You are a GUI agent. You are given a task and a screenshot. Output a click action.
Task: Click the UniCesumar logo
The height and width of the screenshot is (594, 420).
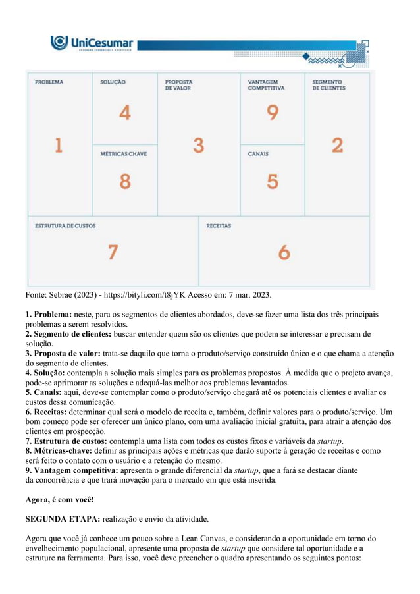coord(92,44)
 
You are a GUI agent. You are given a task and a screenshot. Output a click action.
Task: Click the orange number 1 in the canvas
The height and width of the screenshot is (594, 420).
coord(58,145)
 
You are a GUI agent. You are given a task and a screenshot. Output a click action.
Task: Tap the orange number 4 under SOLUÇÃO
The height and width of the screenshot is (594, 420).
coord(124,113)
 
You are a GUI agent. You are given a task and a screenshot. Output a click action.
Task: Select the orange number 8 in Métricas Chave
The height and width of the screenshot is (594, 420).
coord(124,180)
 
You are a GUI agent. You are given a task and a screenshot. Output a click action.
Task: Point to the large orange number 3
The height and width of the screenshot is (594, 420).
coord(198,146)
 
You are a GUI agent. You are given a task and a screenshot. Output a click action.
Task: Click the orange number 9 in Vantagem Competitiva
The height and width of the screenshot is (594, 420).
coord(272,113)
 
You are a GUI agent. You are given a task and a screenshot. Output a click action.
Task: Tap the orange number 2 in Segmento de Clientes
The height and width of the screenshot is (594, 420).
coord(337,145)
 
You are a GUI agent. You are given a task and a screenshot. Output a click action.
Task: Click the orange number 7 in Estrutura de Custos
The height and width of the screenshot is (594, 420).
coord(113,252)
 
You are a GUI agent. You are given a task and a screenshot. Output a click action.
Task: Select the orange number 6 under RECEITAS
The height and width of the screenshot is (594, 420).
coord(284,252)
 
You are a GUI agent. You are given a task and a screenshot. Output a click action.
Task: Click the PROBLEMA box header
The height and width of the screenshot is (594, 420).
coord(49,82)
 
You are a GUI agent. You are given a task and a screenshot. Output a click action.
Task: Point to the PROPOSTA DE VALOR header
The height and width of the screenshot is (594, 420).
coord(179,85)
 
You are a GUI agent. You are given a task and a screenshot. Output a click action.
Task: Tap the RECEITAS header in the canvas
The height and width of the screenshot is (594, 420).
coord(219,225)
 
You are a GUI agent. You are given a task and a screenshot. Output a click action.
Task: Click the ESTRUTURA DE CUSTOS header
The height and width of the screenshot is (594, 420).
coord(65,225)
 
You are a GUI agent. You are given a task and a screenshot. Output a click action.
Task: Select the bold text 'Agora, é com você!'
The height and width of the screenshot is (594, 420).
coord(59,500)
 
